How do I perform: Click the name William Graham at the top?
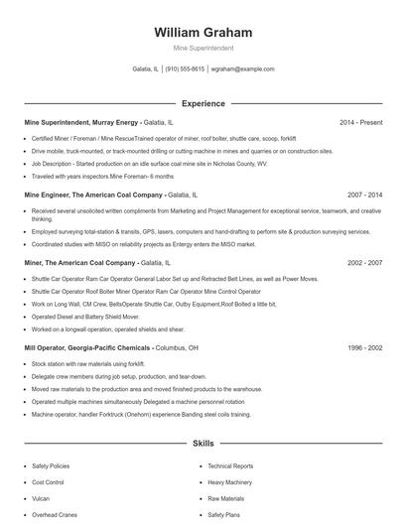coord(203,32)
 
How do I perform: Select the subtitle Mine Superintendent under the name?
coord(203,48)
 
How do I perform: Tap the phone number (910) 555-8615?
coord(185,69)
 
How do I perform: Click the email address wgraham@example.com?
coord(243,69)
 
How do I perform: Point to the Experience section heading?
coord(203,102)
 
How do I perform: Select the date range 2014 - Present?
coord(360,122)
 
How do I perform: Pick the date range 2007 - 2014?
coord(364,196)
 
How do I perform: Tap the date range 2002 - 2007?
coord(364,263)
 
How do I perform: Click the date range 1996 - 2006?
coord(364,348)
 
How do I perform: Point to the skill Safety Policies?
coord(51,465)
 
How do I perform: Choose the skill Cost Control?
coord(48,482)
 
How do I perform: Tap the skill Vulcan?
coord(41,498)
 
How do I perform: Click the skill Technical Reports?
coord(230,465)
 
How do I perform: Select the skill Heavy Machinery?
coord(229,482)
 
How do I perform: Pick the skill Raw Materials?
coord(225,498)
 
